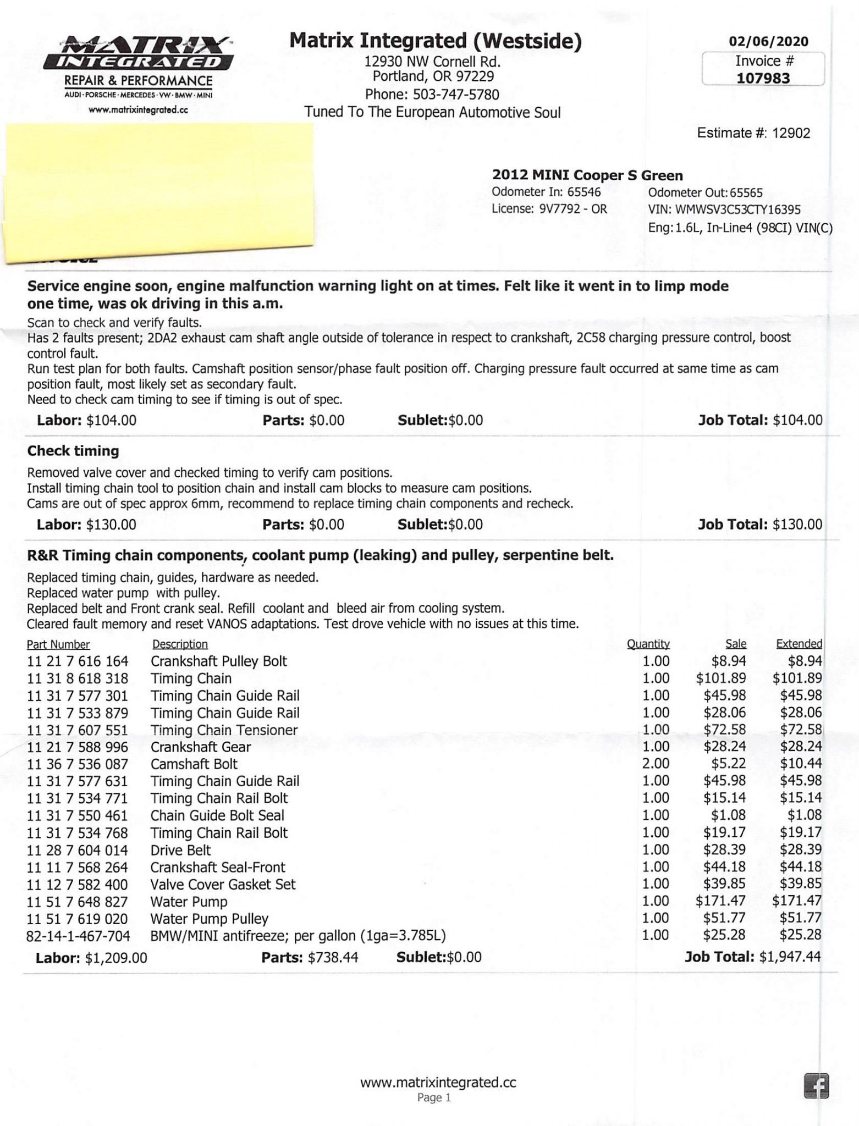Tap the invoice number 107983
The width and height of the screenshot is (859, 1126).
coord(763,78)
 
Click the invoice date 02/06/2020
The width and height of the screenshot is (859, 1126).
coord(768,41)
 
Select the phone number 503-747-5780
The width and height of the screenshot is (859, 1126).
coord(456,95)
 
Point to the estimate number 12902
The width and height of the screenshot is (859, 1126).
coord(791,133)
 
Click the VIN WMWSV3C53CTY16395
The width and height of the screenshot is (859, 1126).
coord(738,209)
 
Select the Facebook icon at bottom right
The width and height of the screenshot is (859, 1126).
coord(816,1086)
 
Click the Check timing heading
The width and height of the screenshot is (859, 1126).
coord(73,451)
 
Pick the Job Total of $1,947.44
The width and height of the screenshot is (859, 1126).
coord(790,957)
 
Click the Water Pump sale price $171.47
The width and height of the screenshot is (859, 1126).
coord(721,902)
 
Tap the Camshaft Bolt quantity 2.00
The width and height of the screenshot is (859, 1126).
coord(656,764)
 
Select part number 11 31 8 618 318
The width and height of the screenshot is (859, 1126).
coord(78,678)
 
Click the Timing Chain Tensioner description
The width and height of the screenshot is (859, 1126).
coord(224,730)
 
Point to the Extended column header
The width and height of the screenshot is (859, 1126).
coord(799,644)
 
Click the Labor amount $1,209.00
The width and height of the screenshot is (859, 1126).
coord(116,958)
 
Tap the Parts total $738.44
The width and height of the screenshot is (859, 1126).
coord(333,957)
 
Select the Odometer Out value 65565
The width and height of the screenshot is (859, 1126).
coord(746,193)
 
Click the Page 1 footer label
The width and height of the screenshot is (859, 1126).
coord(434,1097)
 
